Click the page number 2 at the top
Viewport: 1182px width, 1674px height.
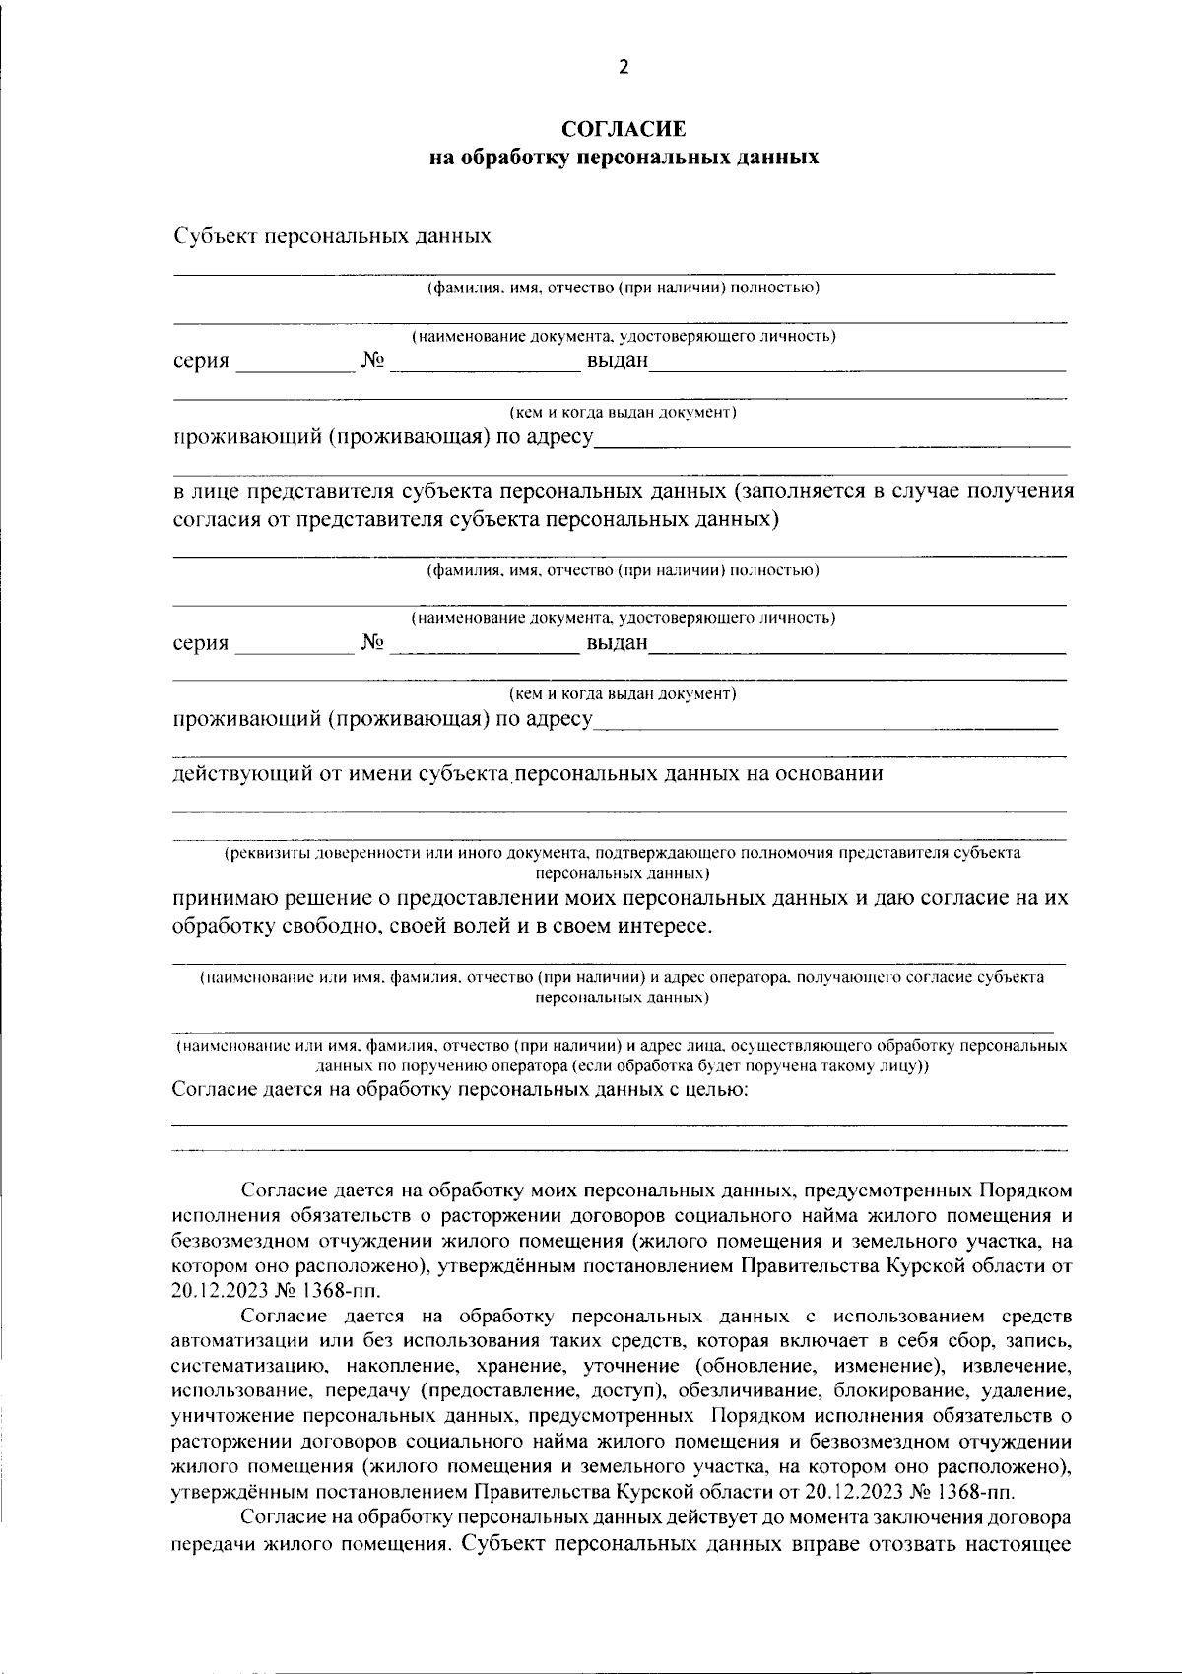pos(622,67)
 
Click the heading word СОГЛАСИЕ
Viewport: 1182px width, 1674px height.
pos(623,129)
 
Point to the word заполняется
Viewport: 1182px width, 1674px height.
pos(805,491)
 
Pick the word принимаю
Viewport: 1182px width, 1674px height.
pos(226,899)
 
